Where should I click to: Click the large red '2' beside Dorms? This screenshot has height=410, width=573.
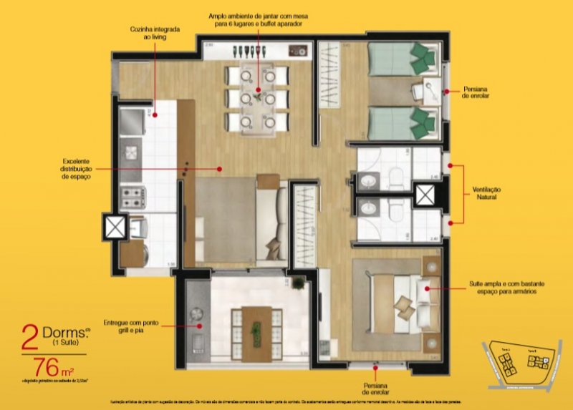pyautogui.click(x=29, y=337)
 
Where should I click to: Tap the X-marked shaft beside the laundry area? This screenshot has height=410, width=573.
pyautogui.click(x=115, y=227)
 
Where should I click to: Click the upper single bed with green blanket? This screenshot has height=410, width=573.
pyautogui.click(x=403, y=59)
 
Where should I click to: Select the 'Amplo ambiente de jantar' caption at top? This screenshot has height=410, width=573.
pyautogui.click(x=256, y=19)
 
